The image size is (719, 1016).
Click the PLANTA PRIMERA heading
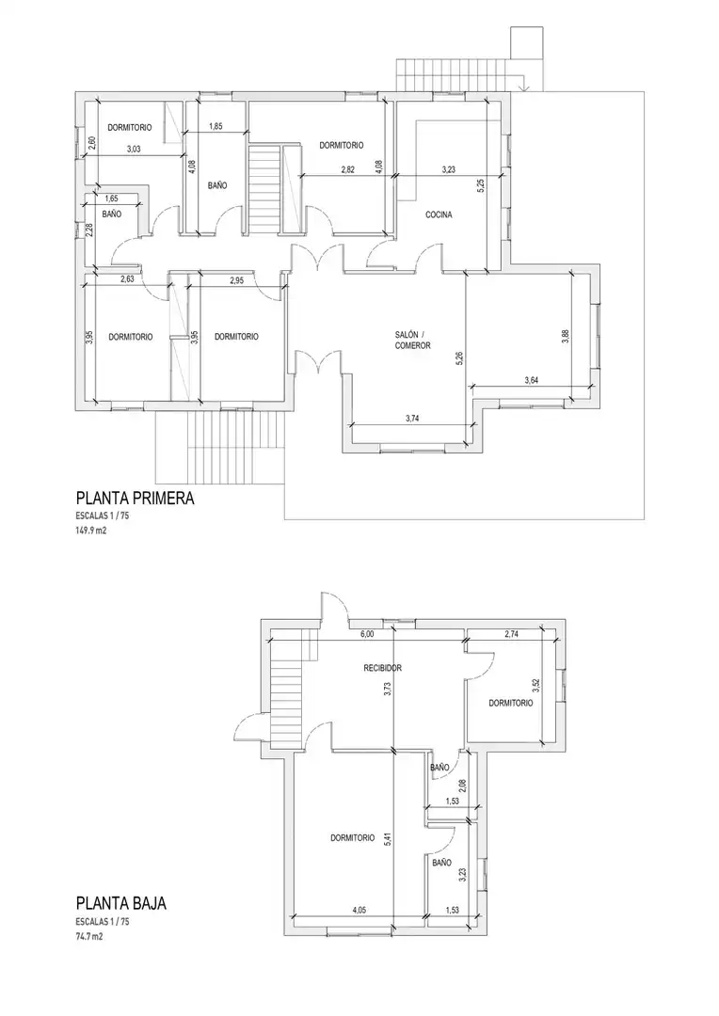(x=135, y=499)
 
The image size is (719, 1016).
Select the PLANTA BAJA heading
(x=121, y=903)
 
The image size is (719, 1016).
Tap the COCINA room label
(x=439, y=214)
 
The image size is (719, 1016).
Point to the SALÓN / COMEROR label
(x=413, y=341)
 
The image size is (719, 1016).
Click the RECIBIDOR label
(x=382, y=668)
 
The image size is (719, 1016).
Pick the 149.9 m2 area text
(x=90, y=530)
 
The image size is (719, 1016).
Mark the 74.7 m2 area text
(x=88, y=936)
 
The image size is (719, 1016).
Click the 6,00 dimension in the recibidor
(x=367, y=634)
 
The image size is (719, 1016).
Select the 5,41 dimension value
(x=388, y=840)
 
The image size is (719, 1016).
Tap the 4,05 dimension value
(x=359, y=910)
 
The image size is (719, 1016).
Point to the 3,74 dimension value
(x=412, y=419)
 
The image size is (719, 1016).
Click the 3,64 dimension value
(x=531, y=380)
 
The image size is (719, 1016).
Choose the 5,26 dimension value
(x=460, y=358)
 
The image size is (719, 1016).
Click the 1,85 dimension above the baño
(x=216, y=126)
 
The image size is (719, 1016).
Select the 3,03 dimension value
(x=134, y=149)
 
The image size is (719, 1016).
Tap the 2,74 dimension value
(x=512, y=634)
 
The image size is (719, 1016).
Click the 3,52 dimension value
(x=536, y=686)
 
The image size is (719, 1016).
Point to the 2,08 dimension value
(x=463, y=786)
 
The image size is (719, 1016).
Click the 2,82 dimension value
(x=348, y=169)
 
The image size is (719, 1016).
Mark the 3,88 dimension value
(x=566, y=337)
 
